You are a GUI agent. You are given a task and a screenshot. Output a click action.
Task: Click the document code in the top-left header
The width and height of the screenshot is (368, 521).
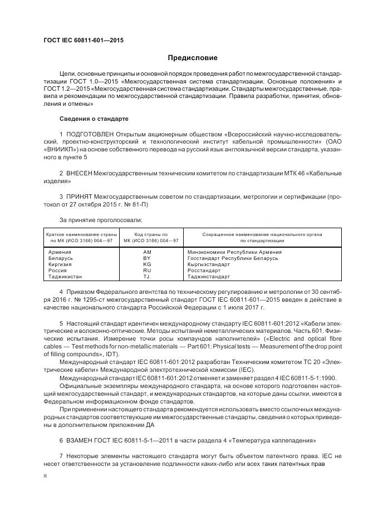click(83, 41)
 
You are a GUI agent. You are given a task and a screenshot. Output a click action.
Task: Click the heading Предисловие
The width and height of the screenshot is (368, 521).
click(193, 58)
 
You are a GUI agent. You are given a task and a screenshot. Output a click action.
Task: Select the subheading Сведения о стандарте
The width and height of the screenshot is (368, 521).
click(94, 119)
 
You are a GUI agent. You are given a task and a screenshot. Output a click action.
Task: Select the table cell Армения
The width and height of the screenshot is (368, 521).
click(60, 252)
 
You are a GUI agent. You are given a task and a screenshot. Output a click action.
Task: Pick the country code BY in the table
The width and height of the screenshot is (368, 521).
click(147, 258)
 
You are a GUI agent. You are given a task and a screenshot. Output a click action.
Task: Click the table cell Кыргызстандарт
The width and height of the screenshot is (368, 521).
click(209, 264)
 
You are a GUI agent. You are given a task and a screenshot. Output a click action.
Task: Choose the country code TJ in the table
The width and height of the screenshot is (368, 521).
click(146, 277)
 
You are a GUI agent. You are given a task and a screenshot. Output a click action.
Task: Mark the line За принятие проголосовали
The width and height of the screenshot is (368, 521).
click(92, 220)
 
